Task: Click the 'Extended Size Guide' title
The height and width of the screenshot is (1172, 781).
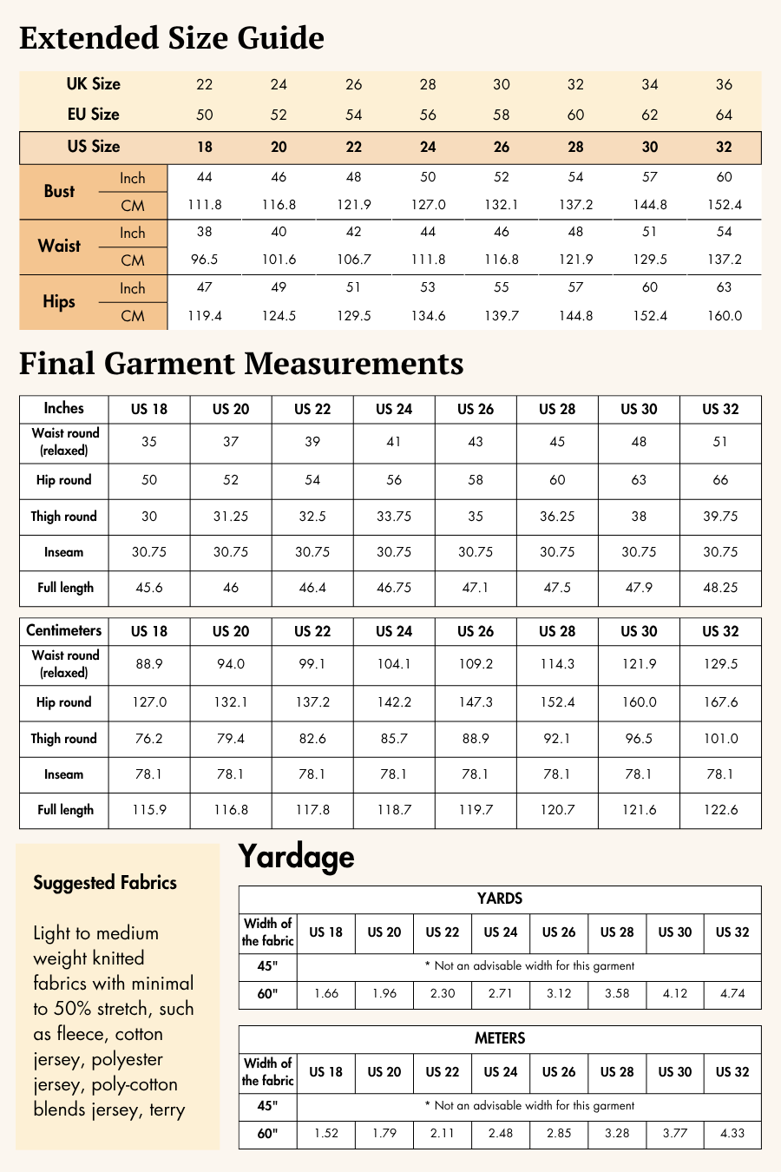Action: pos(172,38)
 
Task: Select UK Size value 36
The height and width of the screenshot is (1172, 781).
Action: pos(724,84)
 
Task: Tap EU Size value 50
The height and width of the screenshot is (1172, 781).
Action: pos(205,115)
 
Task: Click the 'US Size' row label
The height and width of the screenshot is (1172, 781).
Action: pos(94,147)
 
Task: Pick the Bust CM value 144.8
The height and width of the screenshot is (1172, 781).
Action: pos(650,205)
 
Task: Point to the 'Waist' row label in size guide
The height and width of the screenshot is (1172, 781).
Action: pos(59,246)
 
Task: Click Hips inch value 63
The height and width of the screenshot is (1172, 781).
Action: pos(724,287)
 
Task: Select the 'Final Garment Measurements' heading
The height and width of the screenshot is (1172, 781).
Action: pos(241,363)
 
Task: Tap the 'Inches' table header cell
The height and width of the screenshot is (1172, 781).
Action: pos(64,408)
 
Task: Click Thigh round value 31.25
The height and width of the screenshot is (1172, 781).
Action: pos(231,516)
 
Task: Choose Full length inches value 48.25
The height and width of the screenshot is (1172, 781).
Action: pos(720,588)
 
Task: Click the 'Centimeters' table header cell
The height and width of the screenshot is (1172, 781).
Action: pos(64,631)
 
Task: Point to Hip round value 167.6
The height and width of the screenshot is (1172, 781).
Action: pos(720,702)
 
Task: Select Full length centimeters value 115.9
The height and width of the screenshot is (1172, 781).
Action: pos(149,810)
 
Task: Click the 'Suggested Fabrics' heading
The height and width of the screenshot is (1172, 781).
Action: pos(105,883)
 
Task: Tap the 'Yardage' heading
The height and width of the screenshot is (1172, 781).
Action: pos(296,857)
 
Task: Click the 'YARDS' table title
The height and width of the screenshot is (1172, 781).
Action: pos(500,899)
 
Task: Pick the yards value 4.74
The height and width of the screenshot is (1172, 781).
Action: pos(732,993)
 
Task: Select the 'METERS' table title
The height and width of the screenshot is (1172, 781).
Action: pos(500,1038)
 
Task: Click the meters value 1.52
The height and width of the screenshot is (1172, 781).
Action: pos(326,1133)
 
